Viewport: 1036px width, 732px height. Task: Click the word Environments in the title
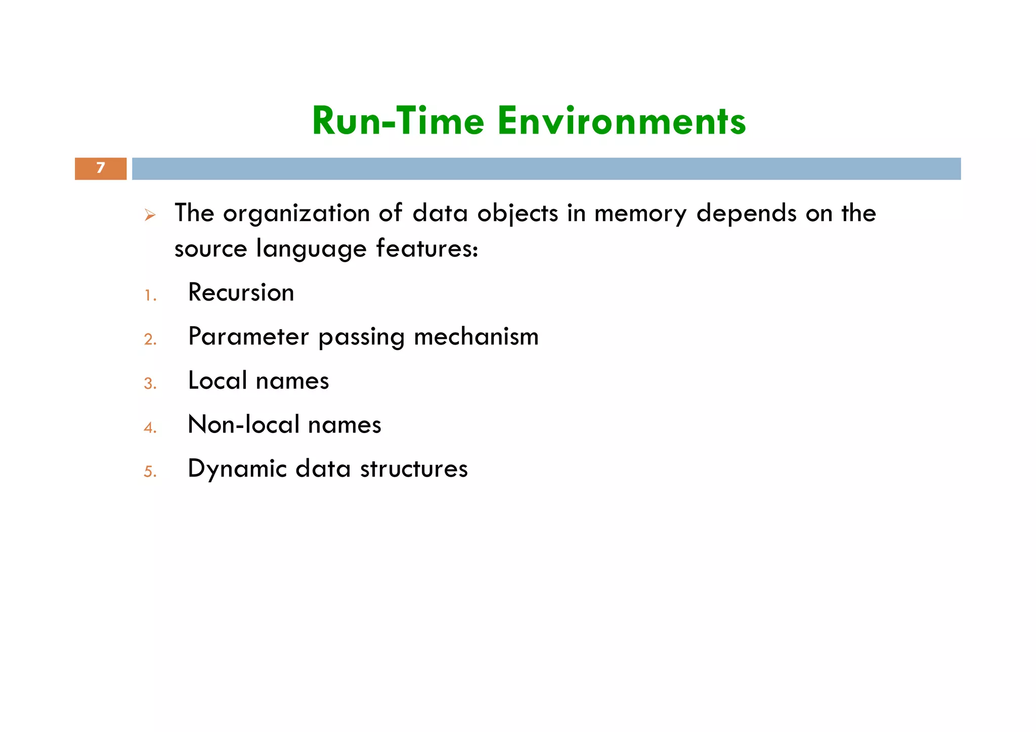[621, 121]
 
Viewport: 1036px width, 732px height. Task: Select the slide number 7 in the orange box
[101, 168]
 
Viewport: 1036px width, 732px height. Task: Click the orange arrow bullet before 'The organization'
[149, 216]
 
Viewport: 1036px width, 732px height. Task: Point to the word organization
[296, 213]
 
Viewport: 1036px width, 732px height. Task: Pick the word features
[426, 249]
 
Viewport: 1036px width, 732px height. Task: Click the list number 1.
[150, 295]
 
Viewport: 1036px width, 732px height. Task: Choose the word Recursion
[241, 293]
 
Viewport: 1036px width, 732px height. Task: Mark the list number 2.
[150, 339]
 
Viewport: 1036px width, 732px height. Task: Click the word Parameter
[248, 337]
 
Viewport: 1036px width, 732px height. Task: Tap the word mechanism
[476, 337]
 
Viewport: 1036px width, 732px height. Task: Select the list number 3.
[150, 383]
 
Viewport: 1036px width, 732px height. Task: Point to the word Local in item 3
[218, 381]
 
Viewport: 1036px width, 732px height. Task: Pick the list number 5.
[150, 472]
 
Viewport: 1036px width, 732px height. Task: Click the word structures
[414, 469]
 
